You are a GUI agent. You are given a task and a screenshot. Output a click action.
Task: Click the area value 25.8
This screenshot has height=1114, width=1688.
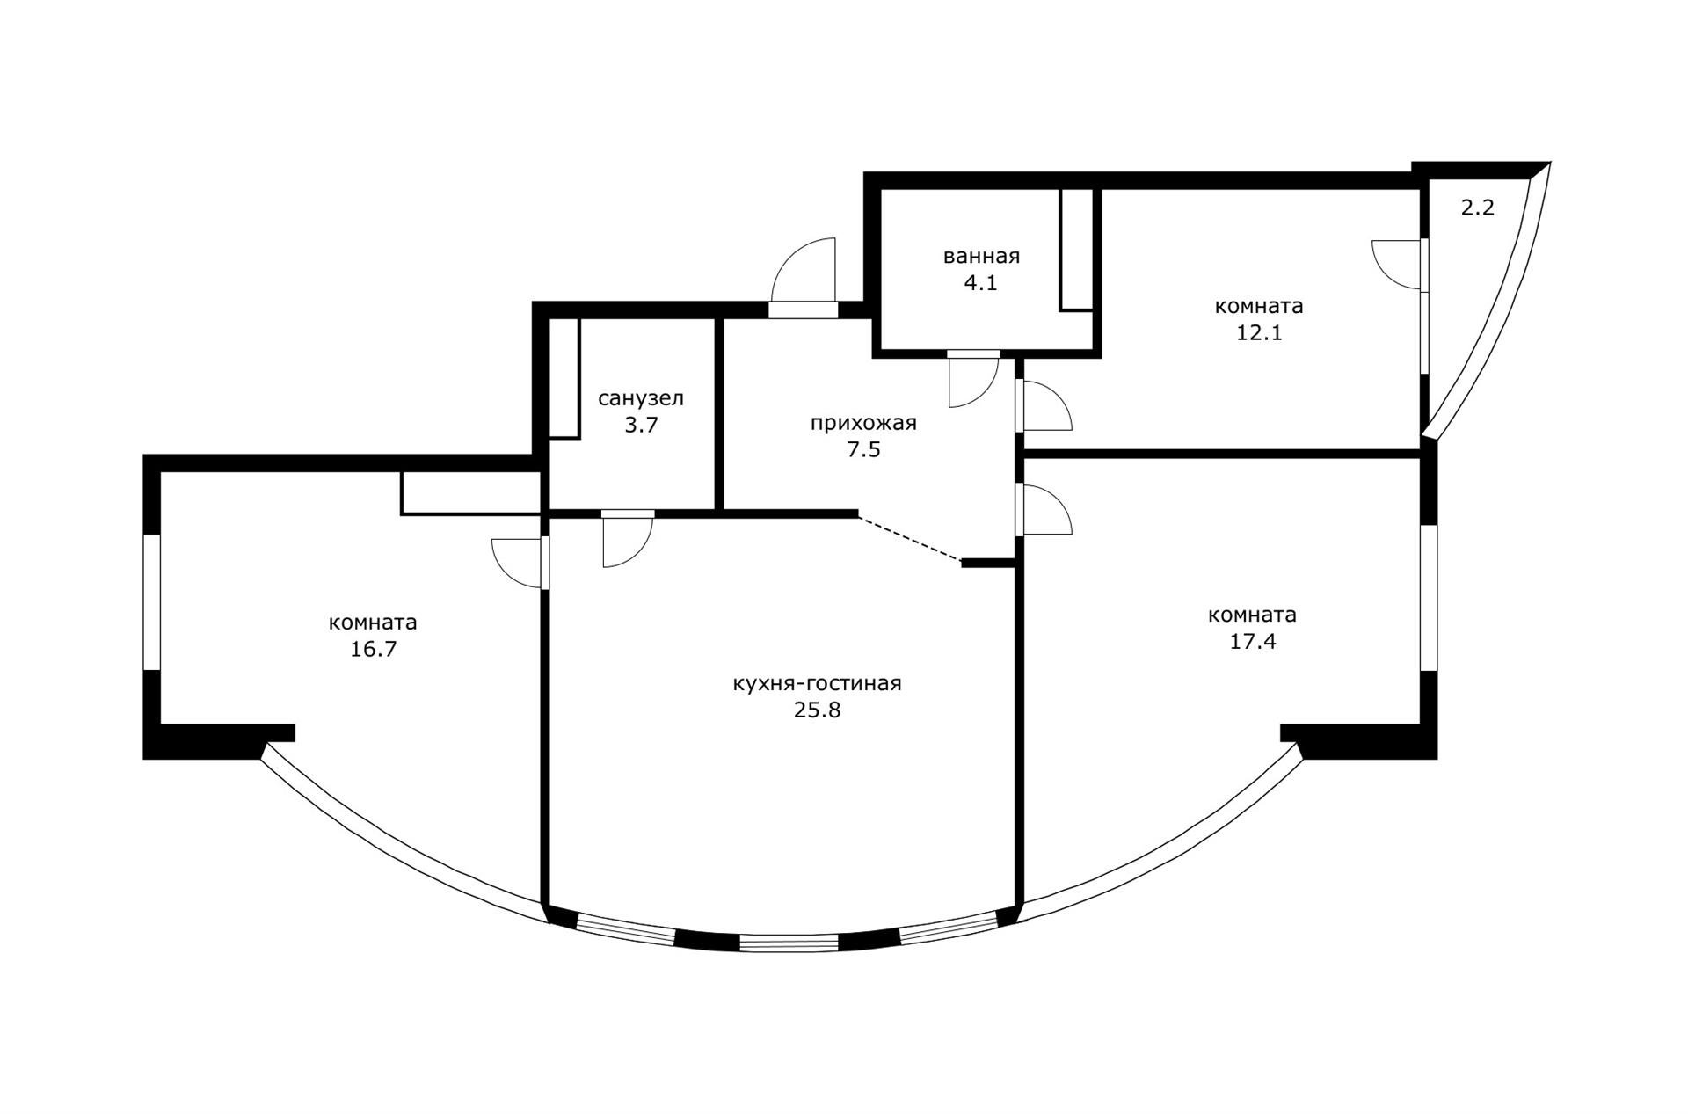click(817, 710)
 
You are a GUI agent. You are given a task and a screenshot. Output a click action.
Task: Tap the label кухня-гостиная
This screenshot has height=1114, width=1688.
click(817, 683)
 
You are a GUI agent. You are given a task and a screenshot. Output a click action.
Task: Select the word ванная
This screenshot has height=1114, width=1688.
click(981, 257)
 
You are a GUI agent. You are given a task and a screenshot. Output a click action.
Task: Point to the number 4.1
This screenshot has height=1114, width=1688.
click(980, 284)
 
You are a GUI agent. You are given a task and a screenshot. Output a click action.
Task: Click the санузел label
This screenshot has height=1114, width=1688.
click(641, 398)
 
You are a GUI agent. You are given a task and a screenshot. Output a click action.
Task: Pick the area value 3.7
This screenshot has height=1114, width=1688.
click(641, 426)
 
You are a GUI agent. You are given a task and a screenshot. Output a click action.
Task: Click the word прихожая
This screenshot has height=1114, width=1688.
click(863, 424)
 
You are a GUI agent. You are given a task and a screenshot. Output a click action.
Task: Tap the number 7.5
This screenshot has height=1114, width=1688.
click(863, 450)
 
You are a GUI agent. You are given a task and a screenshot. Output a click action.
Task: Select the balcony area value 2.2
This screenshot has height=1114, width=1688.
click(1478, 209)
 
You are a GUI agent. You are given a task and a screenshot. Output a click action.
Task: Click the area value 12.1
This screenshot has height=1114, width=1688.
click(1259, 333)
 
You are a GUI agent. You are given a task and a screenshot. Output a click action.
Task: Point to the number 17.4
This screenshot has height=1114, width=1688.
click(1252, 641)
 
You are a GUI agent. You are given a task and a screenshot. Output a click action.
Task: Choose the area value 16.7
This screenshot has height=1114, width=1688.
click(373, 650)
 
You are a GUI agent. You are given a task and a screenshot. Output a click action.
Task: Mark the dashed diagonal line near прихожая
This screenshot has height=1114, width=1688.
click(910, 538)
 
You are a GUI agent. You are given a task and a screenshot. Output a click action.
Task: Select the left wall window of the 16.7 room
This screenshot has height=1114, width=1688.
click(152, 601)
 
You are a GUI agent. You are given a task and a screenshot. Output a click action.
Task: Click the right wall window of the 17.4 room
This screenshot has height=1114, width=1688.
click(1429, 598)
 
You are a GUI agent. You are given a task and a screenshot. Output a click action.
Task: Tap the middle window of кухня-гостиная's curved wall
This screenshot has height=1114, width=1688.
click(789, 943)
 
